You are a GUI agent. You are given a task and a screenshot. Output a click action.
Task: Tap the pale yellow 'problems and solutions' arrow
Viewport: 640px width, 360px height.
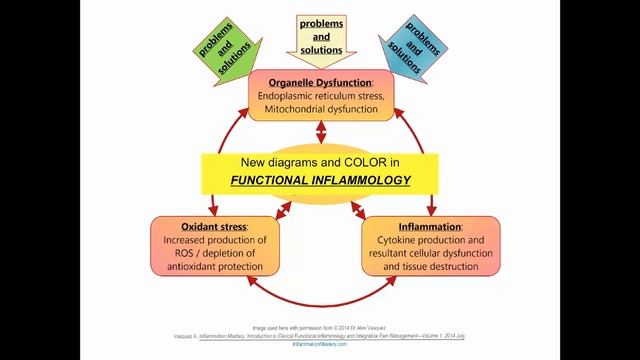click(x=320, y=36)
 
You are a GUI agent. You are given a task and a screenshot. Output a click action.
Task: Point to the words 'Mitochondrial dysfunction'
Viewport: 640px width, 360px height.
click(x=320, y=110)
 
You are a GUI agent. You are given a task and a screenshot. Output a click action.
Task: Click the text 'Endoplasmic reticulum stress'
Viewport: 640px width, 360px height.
click(x=320, y=96)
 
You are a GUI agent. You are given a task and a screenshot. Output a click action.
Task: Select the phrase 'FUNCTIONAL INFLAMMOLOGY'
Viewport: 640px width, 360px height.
click(x=320, y=181)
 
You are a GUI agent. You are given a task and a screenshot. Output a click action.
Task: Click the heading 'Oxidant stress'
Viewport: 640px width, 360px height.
click(x=212, y=226)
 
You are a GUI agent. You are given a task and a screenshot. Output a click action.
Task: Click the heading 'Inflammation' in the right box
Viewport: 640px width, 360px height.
click(x=428, y=226)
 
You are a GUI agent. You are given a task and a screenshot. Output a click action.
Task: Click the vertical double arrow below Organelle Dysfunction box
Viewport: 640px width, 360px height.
click(x=320, y=134)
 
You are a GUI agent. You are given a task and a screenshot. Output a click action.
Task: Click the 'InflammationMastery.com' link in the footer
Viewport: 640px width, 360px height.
click(x=320, y=343)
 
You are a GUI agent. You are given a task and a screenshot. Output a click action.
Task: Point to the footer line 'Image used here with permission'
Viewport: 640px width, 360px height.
click(x=320, y=327)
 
